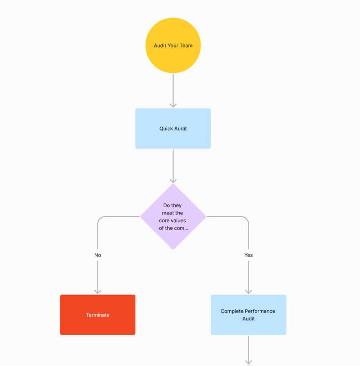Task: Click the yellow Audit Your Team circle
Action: [x=173, y=46]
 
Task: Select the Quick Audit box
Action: [x=173, y=128]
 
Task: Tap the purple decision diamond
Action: [x=173, y=217]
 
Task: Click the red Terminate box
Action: [x=97, y=315]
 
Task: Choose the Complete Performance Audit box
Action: [x=249, y=315]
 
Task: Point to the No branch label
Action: [x=97, y=255]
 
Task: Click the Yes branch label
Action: [x=249, y=255]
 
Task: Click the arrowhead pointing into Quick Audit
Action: [x=173, y=105]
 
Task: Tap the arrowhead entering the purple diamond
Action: [x=173, y=180]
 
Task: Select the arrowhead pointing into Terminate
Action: [x=97, y=291]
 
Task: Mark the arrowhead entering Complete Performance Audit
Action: [x=249, y=291]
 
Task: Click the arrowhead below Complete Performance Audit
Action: [x=249, y=362]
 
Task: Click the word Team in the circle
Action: [x=186, y=46]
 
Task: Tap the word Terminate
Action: [x=97, y=315]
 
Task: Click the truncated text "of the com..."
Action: [x=173, y=228]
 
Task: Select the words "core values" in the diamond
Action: [x=172, y=221]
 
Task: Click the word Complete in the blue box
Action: [x=232, y=311]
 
